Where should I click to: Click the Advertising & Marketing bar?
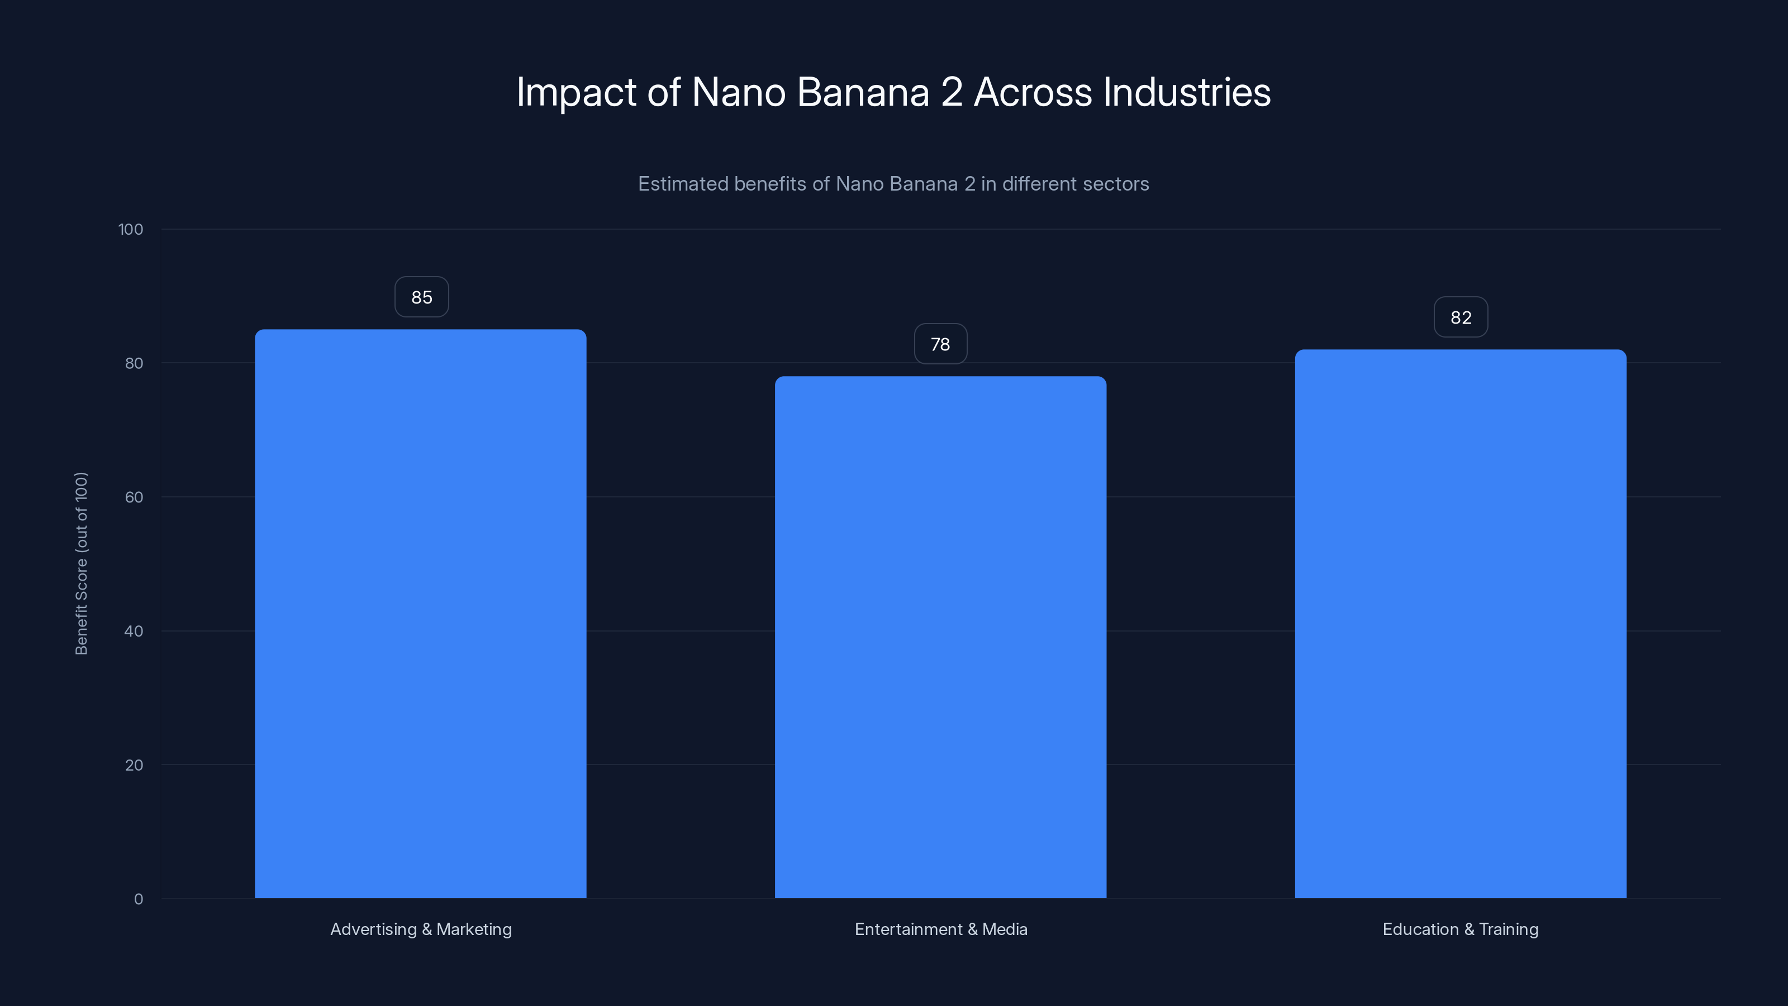pos(421,614)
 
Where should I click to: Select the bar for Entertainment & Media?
pos(940,637)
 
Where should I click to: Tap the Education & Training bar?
pos(1461,624)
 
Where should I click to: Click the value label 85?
pos(421,297)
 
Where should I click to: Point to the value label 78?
pos(940,344)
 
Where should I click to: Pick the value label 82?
pos(1461,317)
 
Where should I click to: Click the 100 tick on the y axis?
pos(131,229)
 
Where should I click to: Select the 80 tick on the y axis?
pos(134,363)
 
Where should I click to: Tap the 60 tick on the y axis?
pos(134,497)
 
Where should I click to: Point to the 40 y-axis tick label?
pos(134,631)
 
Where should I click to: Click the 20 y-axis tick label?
pos(134,765)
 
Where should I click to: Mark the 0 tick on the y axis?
pos(138,899)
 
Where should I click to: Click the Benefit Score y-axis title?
pos(81,563)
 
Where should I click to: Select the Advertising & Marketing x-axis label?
pos(421,929)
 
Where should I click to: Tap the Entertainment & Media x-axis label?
pos(940,929)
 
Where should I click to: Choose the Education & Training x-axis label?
pos(1461,929)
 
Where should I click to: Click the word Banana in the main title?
pos(863,92)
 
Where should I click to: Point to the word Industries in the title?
pos(1186,92)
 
